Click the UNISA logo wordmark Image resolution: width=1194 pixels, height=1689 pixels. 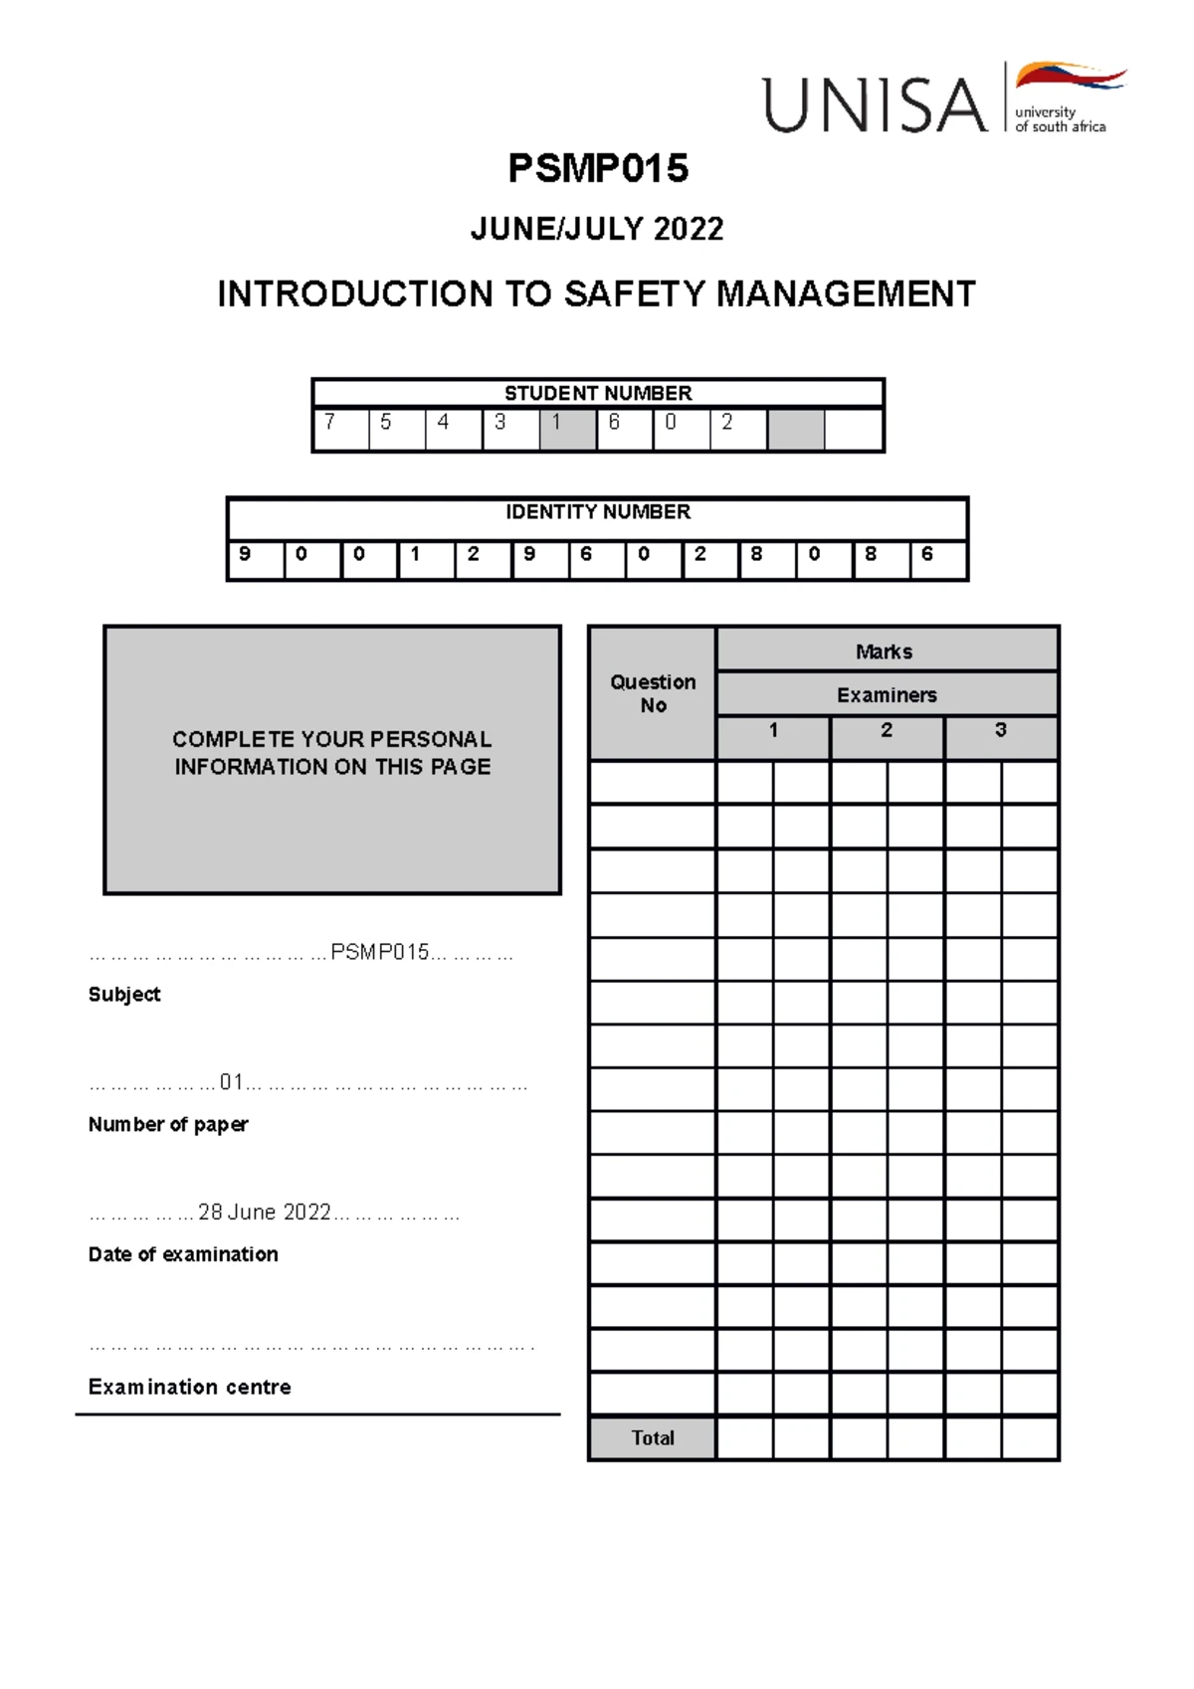(876, 104)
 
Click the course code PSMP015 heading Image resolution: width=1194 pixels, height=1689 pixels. (598, 168)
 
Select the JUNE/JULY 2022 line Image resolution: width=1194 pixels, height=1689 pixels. (597, 229)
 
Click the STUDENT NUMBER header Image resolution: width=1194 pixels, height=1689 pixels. (598, 393)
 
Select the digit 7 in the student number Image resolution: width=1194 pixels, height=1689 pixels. (330, 423)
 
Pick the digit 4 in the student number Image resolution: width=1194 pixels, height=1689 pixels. (444, 423)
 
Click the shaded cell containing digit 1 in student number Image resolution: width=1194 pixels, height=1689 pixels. (567, 429)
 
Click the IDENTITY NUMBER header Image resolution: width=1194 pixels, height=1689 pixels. (598, 512)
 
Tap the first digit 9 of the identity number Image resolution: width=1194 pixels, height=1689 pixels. (245, 554)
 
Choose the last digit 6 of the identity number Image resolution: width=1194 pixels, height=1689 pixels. (927, 554)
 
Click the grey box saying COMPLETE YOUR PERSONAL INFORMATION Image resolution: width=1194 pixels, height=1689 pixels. (332, 754)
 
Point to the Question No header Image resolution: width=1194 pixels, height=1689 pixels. (653, 693)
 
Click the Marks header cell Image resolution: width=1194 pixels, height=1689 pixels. (885, 652)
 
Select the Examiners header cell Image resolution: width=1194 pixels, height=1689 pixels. (887, 695)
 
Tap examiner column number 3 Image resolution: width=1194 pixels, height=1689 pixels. (1000, 730)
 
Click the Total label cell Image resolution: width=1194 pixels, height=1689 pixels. (653, 1437)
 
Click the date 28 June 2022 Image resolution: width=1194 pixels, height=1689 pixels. (265, 1212)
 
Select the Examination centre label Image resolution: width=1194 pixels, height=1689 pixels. (190, 1387)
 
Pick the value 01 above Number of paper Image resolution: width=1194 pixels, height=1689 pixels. (231, 1081)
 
